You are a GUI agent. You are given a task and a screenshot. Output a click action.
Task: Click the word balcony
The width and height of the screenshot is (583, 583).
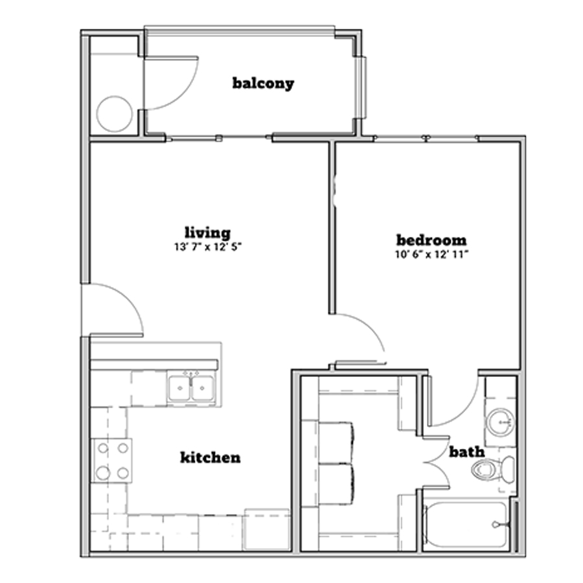click(x=263, y=84)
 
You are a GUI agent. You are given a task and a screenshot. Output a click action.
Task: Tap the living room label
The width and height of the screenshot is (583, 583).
click(x=208, y=233)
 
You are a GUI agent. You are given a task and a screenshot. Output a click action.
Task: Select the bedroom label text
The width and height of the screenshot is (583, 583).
click(x=431, y=240)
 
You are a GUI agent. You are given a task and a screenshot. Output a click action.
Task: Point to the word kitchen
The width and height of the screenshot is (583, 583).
click(x=211, y=457)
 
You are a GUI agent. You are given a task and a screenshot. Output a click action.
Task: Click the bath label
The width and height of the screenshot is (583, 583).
click(x=467, y=452)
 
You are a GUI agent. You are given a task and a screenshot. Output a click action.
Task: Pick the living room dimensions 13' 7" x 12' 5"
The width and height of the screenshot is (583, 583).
click(x=208, y=247)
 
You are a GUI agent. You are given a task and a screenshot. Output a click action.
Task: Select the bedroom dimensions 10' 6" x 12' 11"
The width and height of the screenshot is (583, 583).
click(x=431, y=255)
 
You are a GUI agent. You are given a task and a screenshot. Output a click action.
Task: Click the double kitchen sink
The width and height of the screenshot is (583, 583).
click(x=191, y=388)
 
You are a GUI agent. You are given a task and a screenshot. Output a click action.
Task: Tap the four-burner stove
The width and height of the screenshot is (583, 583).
click(x=112, y=461)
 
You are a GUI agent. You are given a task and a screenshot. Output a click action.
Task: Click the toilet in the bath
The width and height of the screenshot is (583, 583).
click(x=493, y=469)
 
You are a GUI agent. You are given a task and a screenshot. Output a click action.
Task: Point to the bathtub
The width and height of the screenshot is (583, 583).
click(x=464, y=525)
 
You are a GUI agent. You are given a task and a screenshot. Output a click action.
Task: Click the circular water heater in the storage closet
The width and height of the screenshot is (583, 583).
click(x=115, y=114)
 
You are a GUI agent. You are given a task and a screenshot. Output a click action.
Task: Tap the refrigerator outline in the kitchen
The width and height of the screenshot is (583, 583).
click(x=267, y=529)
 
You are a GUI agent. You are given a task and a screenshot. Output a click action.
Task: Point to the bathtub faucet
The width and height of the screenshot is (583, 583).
click(x=497, y=525)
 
